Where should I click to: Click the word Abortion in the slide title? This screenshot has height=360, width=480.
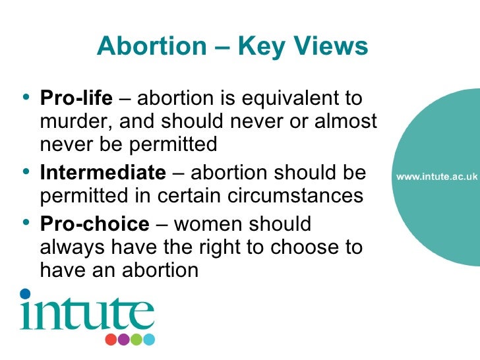coord(150,47)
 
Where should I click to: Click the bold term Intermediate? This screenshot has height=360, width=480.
coord(103,173)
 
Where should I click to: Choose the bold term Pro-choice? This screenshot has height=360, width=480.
coord(95,223)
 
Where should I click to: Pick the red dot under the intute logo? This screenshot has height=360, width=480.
coord(111,340)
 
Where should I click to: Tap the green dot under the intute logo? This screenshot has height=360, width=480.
coord(136,340)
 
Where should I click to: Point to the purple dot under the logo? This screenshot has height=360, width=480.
coord(124,340)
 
